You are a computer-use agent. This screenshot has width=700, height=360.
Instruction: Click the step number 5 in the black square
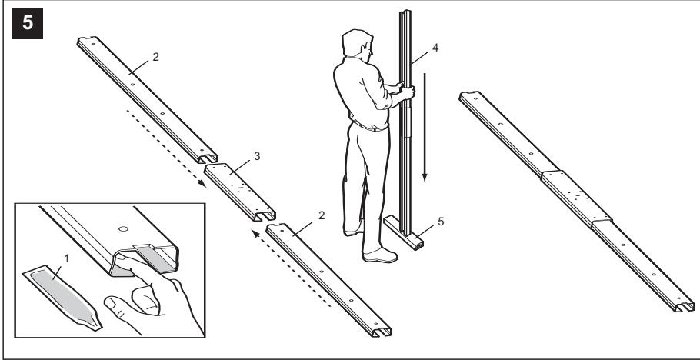pyautogui.click(x=28, y=23)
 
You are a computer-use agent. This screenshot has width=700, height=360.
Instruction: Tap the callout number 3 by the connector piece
pyautogui.click(x=257, y=156)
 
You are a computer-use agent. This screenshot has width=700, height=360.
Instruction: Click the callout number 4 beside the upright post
pyautogui.click(x=435, y=48)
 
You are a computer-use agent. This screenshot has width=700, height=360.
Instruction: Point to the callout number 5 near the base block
pyautogui.click(x=441, y=221)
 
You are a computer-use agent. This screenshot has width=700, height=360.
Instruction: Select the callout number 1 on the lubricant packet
pyautogui.click(x=67, y=258)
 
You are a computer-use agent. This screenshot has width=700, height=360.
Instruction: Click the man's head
pyautogui.click(x=357, y=43)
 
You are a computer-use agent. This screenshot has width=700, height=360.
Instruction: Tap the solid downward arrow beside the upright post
pyautogui.click(x=425, y=127)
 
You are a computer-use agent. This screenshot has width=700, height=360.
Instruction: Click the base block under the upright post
pyautogui.click(x=404, y=232)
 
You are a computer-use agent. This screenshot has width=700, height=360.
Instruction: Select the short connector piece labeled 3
pyautogui.click(x=240, y=192)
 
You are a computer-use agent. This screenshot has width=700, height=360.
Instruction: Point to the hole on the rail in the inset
pyautogui.click(x=124, y=229)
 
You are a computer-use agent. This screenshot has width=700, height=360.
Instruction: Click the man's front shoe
pyautogui.click(x=380, y=256)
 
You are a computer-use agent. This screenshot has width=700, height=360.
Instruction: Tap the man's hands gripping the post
pyautogui.click(x=405, y=90)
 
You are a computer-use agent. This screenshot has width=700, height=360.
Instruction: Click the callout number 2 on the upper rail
pyautogui.click(x=155, y=57)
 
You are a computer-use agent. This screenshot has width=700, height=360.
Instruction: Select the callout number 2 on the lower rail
pyautogui.click(x=322, y=215)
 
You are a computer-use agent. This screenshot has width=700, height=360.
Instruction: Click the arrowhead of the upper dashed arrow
pyautogui.click(x=202, y=183)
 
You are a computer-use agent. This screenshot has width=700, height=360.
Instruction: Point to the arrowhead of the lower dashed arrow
pyautogui.click(x=255, y=233)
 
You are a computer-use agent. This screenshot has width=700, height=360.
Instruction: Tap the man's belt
pyautogui.click(x=368, y=126)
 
